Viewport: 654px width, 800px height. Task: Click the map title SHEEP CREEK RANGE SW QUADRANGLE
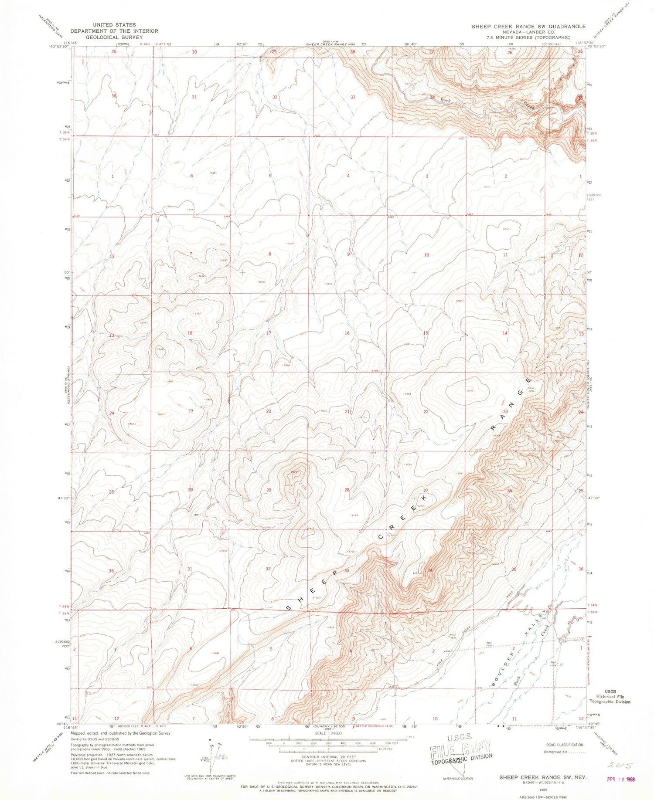[528, 27]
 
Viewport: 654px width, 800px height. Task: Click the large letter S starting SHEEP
[289, 607]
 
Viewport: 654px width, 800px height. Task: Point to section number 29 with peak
[269, 490]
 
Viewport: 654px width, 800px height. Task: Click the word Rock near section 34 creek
[445, 101]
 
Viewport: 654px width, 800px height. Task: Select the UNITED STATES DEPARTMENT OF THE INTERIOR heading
[114, 31]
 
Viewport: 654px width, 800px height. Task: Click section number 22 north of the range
[426, 411]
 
